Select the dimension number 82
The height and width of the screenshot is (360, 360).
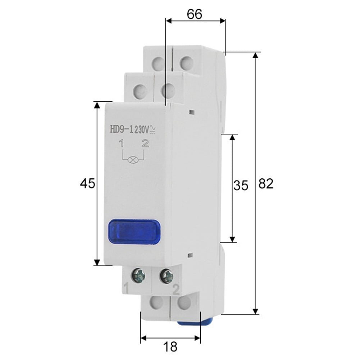tap(266, 184)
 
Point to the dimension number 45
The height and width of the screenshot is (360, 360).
tap(87, 184)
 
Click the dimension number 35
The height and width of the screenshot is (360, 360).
tap(241, 186)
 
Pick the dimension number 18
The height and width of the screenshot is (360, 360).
tap(170, 347)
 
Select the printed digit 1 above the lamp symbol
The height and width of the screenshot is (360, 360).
tap(122, 145)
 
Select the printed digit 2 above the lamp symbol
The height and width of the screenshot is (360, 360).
tap(145, 144)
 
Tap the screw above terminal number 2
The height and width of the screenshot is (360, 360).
tap(167, 276)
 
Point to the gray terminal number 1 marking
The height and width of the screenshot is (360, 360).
tap(126, 288)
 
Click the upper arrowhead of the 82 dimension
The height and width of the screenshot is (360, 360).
tap(255, 56)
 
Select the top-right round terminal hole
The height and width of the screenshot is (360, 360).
tap(185, 64)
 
